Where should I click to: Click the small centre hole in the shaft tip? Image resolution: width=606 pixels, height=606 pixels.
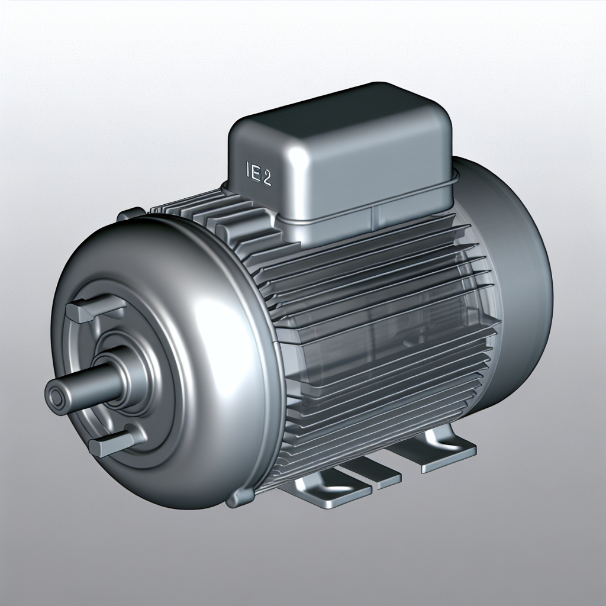[57, 395]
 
